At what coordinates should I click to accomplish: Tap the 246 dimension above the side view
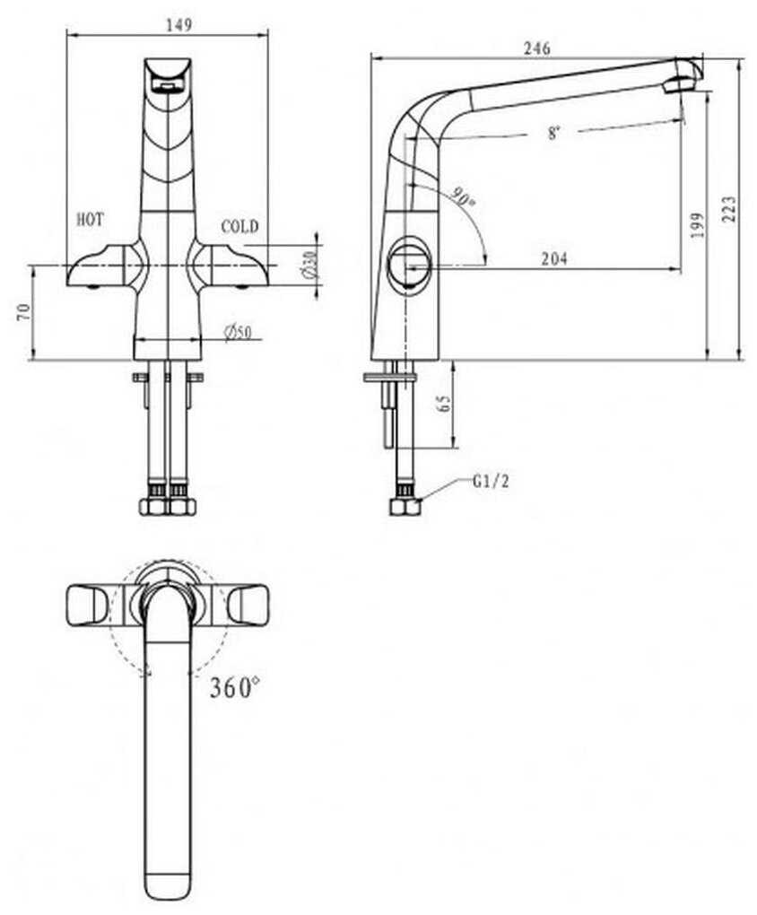pyautogui.click(x=539, y=48)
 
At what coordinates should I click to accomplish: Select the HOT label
pyautogui.click(x=91, y=219)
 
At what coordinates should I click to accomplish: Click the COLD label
pyautogui.click(x=239, y=226)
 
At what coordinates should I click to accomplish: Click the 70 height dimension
pyautogui.click(x=24, y=312)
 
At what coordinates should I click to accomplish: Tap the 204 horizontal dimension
pyautogui.click(x=553, y=259)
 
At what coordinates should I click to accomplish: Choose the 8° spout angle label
pyautogui.click(x=554, y=134)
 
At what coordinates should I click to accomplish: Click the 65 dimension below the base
pyautogui.click(x=443, y=404)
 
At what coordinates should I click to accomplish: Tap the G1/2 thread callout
pyautogui.click(x=491, y=482)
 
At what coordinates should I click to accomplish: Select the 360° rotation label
pyautogui.click(x=235, y=688)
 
